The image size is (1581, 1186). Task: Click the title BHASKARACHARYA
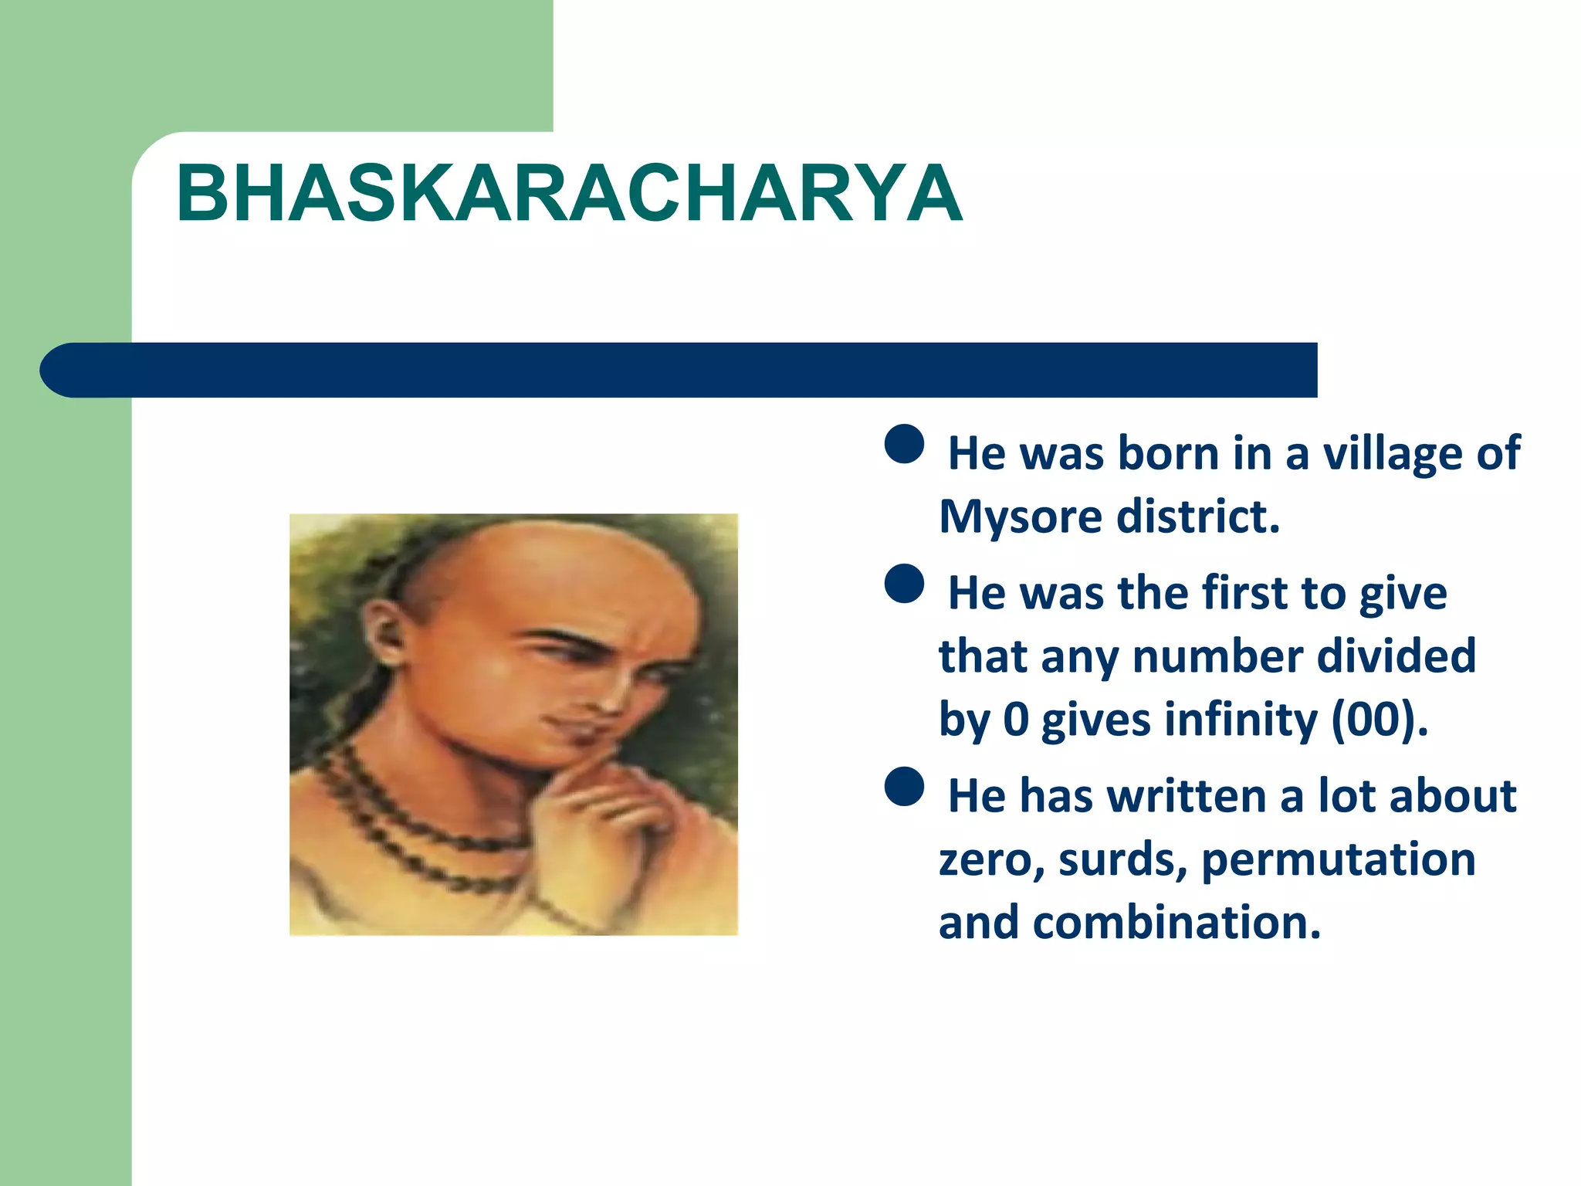(569, 194)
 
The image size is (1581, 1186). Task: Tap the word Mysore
(1020, 517)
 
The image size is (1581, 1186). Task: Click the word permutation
(1338, 859)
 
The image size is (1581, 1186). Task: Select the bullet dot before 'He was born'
(904, 444)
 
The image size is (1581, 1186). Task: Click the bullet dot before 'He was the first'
(904, 584)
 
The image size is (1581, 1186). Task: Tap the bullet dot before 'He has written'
(904, 787)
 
